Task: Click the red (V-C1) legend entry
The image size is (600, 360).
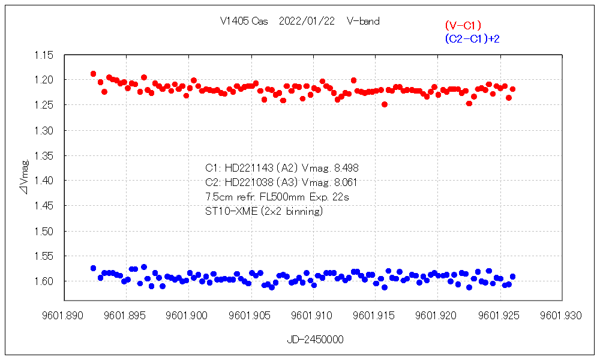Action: [463, 26]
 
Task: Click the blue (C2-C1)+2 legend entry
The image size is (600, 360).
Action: [472, 39]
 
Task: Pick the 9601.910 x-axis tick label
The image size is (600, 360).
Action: [311, 314]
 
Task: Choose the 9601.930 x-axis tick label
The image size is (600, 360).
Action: [559, 314]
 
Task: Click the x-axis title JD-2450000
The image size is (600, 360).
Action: [314, 340]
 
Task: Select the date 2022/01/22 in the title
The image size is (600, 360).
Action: [307, 22]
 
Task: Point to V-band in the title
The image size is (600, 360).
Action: [363, 22]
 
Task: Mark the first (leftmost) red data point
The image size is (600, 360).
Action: [93, 74]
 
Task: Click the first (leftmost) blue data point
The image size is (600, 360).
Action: [93, 268]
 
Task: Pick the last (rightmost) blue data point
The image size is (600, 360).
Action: [512, 277]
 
